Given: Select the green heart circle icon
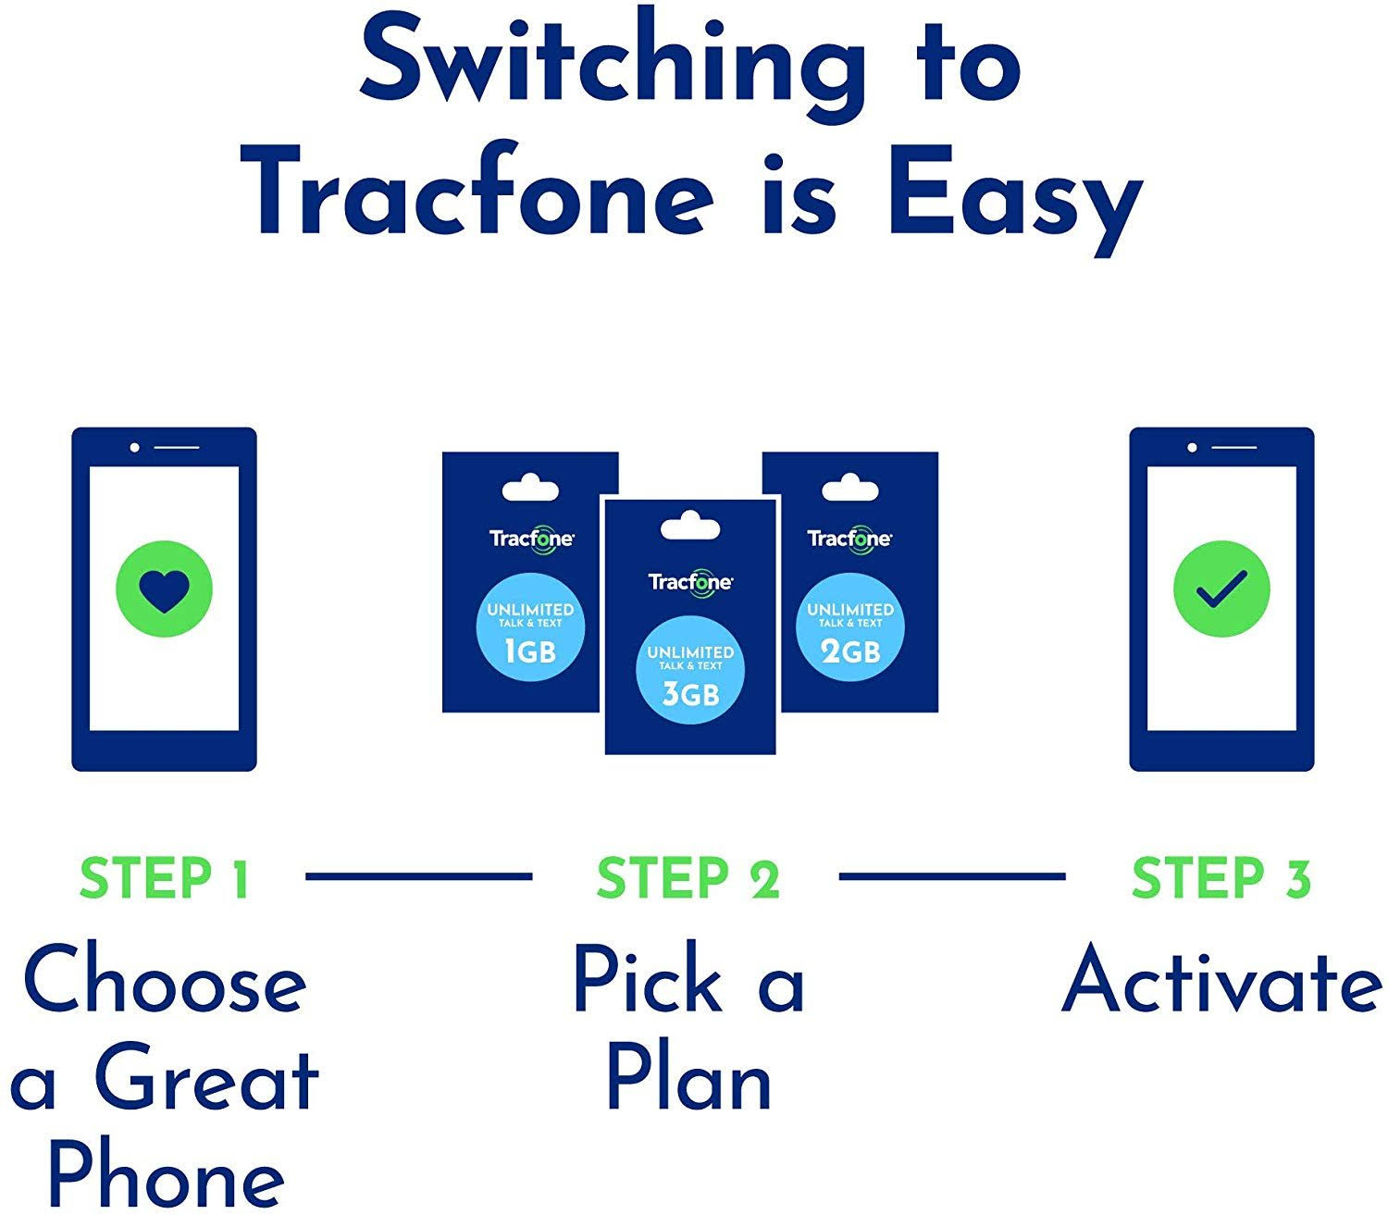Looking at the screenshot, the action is (164, 589).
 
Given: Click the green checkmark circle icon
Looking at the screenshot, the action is (1221, 589).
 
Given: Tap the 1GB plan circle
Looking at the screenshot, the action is (530, 627).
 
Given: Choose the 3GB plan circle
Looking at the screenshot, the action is (690, 670).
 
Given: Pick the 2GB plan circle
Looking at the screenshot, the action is (850, 627).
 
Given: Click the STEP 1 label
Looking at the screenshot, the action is (164, 878).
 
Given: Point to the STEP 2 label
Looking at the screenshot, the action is (688, 878).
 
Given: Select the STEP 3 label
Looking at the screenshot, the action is (1221, 878).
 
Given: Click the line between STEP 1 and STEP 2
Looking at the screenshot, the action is (418, 876).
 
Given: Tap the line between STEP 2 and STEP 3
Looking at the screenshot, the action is (952, 876).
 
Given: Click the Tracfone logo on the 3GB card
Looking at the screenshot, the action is (690, 581).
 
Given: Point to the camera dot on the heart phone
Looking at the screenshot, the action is (134, 448).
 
